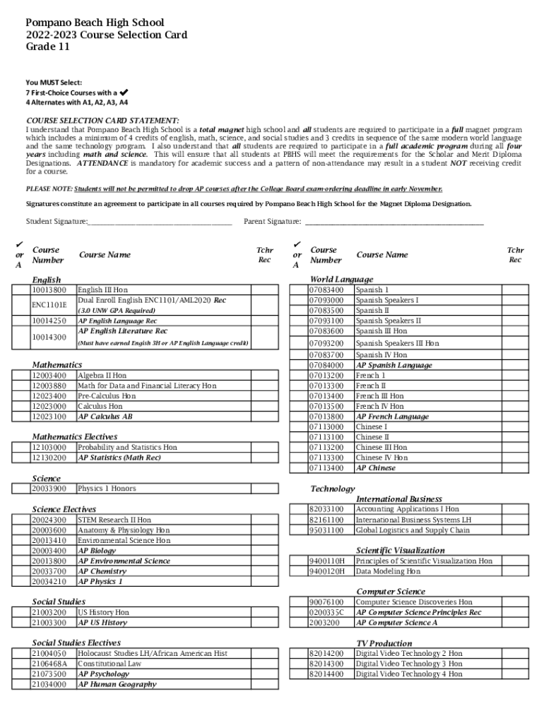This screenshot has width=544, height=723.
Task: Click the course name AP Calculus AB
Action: pos(105,417)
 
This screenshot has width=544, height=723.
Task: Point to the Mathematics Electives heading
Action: pos(75,437)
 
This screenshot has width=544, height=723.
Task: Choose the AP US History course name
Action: pos(102,623)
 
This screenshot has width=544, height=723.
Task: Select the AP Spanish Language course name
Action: pos(394,365)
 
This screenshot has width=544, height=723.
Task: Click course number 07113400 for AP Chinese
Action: pos(326,468)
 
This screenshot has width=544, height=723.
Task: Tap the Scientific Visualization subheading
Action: pos(400,550)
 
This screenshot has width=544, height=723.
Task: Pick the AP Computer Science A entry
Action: pos(396,623)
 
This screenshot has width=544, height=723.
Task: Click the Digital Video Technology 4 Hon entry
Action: pos(409,674)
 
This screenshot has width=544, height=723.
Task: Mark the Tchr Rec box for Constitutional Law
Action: pos(265,664)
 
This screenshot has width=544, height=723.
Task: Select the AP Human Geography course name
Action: pos(117,684)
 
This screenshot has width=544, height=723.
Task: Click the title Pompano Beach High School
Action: pos(95,23)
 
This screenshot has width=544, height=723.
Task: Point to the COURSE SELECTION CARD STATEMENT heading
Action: pos(102,121)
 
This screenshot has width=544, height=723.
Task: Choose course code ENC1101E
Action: pos(48,305)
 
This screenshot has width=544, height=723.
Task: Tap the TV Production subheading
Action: pos(384,643)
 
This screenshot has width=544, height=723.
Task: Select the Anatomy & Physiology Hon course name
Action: pos(124,530)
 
